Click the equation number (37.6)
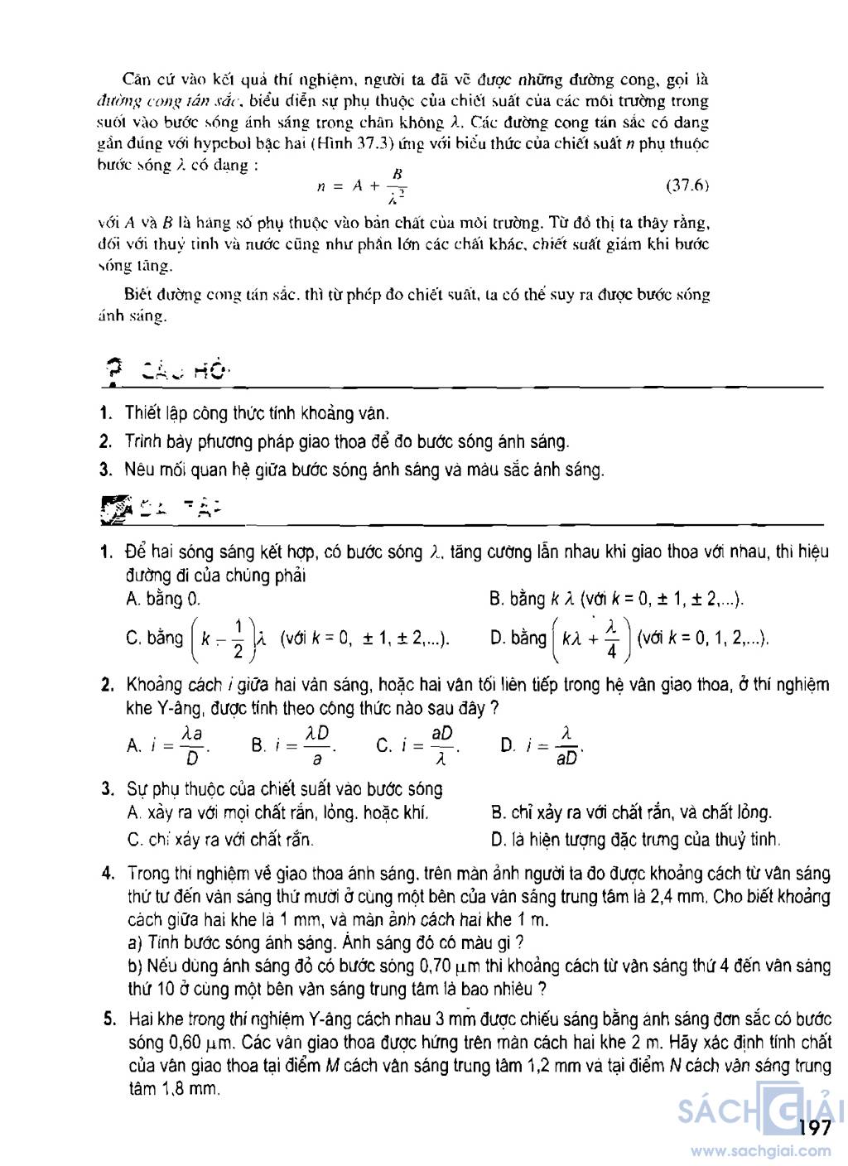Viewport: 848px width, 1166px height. tap(687, 186)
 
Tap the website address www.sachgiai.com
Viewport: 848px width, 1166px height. tap(760, 1150)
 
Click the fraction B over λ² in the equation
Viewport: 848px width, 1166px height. tap(397, 186)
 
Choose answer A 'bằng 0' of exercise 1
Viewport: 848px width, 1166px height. tap(163, 599)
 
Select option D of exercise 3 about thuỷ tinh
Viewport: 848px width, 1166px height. tap(635, 840)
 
